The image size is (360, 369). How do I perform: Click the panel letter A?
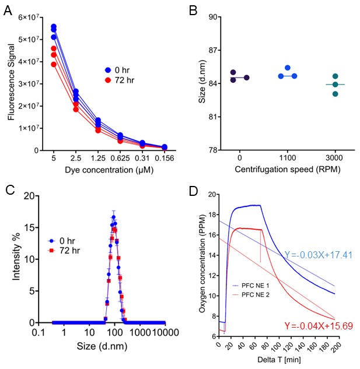coord(9,9)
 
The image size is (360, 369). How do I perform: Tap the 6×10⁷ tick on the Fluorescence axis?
coord(26,17)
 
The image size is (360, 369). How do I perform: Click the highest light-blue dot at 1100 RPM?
coord(288,68)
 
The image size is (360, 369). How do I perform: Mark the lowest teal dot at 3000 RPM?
coord(335,93)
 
